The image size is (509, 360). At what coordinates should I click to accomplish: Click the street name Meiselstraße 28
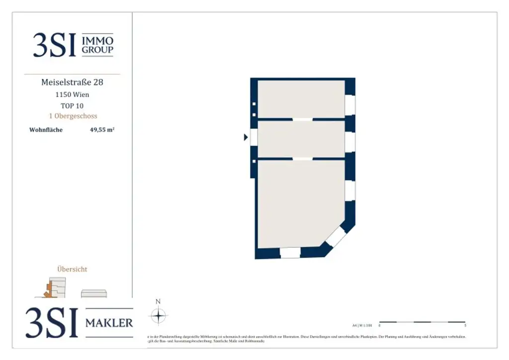click(72, 82)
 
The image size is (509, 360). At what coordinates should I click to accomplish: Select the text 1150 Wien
click(72, 94)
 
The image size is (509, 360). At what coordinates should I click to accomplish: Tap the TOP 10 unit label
click(72, 105)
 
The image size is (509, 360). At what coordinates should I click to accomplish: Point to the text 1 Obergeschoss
click(72, 116)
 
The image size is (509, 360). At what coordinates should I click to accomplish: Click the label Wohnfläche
click(46, 130)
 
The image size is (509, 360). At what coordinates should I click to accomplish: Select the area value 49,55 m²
click(102, 130)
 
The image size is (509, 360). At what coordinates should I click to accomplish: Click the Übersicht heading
click(72, 269)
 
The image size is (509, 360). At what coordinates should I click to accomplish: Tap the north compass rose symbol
click(158, 316)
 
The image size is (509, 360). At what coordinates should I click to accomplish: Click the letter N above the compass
click(158, 301)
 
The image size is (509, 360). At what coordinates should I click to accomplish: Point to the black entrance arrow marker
click(246, 137)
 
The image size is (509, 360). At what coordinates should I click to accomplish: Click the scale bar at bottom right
click(422, 322)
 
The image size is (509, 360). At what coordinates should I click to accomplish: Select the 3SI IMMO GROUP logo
click(73, 45)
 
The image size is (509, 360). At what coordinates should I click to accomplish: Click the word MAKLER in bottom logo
click(109, 323)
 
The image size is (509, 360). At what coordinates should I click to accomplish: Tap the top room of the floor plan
click(301, 99)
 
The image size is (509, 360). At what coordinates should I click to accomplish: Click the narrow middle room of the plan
click(301, 139)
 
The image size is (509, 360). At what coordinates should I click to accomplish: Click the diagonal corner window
click(336, 237)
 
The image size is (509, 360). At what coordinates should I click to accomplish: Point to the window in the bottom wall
click(290, 253)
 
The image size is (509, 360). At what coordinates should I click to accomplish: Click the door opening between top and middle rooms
click(302, 119)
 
